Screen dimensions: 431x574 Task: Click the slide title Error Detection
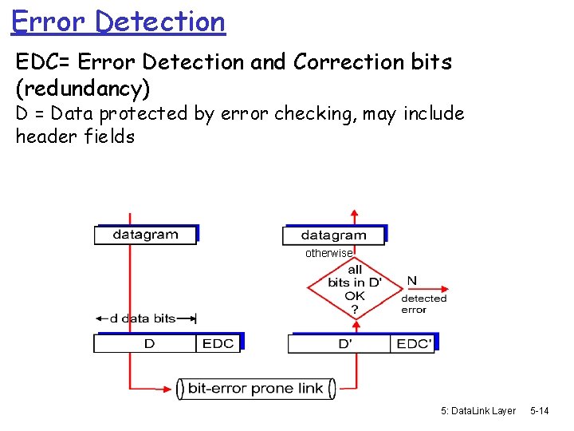click(119, 22)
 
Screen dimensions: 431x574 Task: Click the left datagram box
click(145, 235)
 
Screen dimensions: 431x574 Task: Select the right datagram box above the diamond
click(334, 235)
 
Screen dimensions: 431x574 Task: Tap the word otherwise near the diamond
click(328, 253)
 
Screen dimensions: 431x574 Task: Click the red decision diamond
click(355, 288)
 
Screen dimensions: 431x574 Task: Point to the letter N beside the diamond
click(411, 281)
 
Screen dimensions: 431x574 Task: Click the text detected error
click(423, 304)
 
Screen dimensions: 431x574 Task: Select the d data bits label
click(142, 318)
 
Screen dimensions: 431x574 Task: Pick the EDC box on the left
click(218, 343)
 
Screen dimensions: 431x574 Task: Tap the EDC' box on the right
click(414, 344)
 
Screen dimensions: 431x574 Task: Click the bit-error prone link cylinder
click(255, 389)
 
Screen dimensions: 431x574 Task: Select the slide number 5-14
click(540, 411)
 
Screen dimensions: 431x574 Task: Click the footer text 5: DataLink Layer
click(478, 411)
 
